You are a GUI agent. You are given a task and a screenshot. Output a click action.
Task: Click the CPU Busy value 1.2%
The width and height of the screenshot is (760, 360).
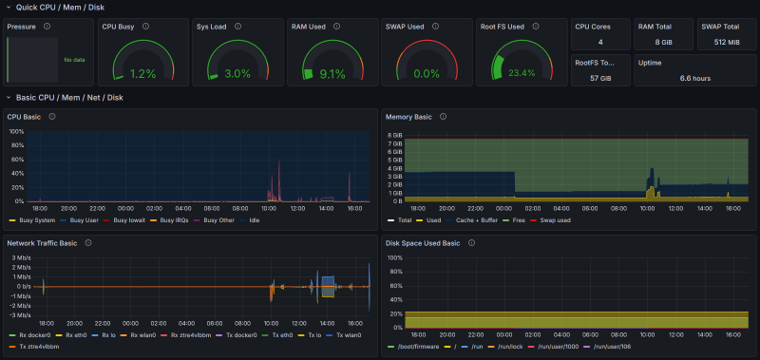(142, 73)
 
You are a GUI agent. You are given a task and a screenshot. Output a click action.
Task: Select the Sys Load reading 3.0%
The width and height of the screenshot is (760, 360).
(237, 73)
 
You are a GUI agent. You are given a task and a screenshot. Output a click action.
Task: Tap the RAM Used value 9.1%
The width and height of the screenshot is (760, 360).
(332, 73)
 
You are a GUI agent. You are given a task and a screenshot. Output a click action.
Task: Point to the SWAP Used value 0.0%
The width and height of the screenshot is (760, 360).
(427, 73)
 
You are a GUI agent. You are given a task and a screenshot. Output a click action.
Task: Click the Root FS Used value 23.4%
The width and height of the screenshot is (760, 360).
(520, 73)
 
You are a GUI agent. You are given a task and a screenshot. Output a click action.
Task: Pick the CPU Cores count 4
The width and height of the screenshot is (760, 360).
(600, 43)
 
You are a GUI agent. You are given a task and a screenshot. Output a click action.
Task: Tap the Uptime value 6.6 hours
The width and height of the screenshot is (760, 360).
(695, 78)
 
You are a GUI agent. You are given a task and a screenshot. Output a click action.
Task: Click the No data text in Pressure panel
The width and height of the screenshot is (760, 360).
(73, 60)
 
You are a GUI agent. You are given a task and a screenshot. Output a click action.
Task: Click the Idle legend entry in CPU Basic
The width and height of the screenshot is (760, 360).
(254, 220)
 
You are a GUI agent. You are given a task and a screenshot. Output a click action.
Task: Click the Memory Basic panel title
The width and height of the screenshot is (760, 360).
(408, 117)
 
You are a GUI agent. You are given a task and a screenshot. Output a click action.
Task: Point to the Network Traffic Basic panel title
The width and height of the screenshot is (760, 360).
(43, 243)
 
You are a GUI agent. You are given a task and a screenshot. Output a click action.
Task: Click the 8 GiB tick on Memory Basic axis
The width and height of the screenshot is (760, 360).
(396, 135)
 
